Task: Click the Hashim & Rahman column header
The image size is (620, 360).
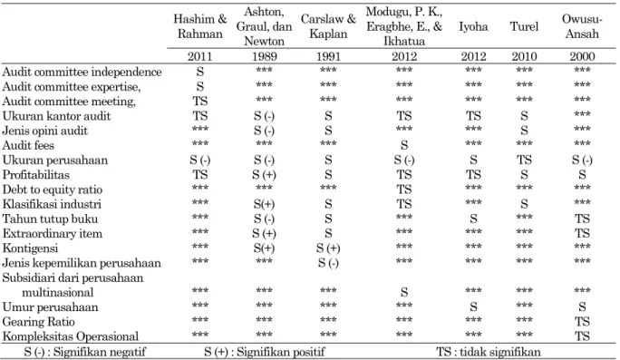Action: (200, 26)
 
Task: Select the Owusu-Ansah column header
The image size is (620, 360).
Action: (582, 26)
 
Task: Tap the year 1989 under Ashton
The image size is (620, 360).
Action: (264, 56)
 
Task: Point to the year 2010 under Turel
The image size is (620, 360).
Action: (524, 56)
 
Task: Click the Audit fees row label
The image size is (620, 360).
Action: (28, 145)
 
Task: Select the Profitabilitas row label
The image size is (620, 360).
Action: (35, 174)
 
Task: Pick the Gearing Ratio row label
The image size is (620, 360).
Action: (38, 322)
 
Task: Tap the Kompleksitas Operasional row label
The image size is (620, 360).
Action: (71, 336)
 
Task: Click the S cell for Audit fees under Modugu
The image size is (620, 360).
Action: (403, 145)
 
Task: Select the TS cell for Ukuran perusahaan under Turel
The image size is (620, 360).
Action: (524, 160)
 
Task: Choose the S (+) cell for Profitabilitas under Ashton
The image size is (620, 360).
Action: (264, 175)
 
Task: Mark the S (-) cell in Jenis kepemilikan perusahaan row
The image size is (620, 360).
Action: (328, 263)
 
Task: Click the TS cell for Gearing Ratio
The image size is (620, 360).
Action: (582, 322)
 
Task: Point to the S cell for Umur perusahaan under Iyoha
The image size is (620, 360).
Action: (473, 307)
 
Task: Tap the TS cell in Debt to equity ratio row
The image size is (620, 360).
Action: (403, 190)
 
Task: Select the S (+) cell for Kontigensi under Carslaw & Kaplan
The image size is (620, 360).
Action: (328, 248)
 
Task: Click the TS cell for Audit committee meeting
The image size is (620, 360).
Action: (200, 102)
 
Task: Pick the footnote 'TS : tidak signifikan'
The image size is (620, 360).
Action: (489, 352)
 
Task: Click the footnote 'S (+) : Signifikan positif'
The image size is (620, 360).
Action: (265, 352)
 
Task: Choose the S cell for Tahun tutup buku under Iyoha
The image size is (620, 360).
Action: (473, 219)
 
